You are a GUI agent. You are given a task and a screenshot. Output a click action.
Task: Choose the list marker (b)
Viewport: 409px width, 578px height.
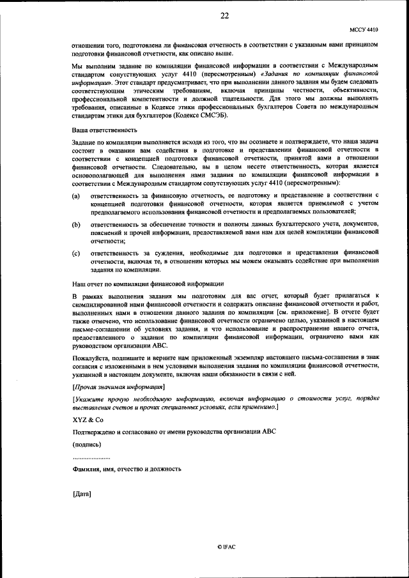coord(77,225)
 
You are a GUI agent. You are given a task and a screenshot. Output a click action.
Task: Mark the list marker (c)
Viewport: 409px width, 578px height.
coord(77,253)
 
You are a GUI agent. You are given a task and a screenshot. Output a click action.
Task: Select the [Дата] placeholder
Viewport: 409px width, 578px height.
coord(82,494)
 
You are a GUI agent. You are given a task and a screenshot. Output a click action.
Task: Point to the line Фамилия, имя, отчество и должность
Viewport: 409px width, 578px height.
coord(127,469)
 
